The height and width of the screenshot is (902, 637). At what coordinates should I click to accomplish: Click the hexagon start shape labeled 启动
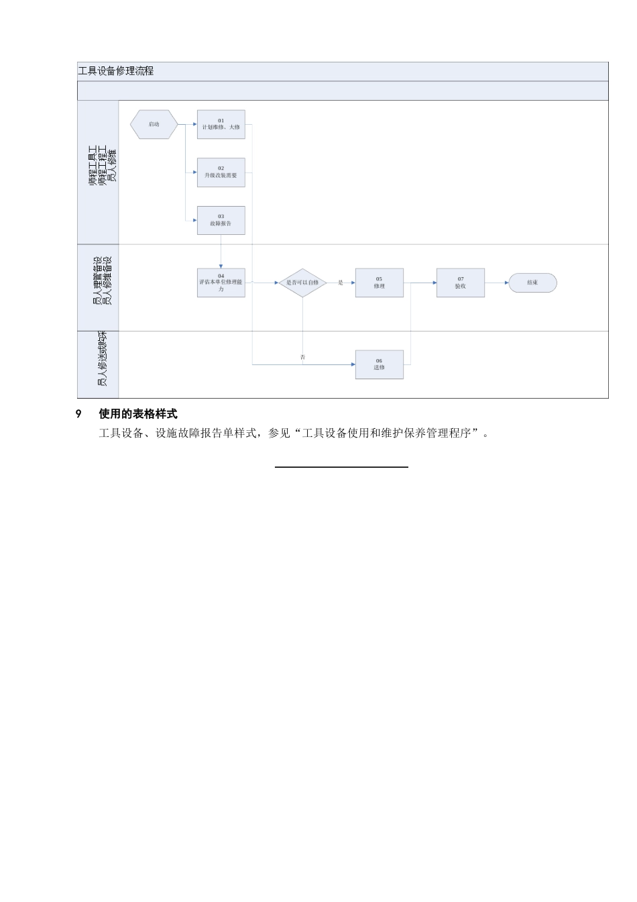tap(154, 124)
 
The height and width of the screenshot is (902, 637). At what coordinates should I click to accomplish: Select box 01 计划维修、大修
tap(221, 124)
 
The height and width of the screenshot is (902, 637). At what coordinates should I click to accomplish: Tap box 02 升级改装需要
tap(221, 172)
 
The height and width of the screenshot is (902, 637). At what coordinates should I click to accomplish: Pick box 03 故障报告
tap(221, 220)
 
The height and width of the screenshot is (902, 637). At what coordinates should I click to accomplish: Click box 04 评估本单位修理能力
tap(221, 283)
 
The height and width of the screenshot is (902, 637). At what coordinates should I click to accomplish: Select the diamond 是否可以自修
tap(302, 283)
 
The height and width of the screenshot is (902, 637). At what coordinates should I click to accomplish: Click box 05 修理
tap(379, 283)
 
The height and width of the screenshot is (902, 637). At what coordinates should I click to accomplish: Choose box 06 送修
tap(379, 364)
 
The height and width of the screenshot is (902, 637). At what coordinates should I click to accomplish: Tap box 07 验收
tap(461, 283)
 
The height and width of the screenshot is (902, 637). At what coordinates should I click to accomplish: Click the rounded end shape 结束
tap(532, 283)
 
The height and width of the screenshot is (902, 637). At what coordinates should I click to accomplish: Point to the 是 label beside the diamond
tap(341, 283)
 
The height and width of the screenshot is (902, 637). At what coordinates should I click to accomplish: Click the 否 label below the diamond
tap(302, 357)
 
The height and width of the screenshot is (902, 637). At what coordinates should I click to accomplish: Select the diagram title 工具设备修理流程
tap(116, 71)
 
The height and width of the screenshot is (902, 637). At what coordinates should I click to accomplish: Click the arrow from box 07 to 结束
tap(496, 283)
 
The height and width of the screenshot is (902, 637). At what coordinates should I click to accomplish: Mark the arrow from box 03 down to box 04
tap(221, 252)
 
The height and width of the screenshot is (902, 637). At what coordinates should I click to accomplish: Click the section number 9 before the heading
tap(78, 414)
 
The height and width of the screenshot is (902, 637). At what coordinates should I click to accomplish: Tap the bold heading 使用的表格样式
tap(138, 414)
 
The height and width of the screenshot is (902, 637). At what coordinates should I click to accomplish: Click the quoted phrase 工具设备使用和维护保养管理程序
tap(387, 434)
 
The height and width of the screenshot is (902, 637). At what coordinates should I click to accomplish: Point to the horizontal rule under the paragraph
tap(341, 466)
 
